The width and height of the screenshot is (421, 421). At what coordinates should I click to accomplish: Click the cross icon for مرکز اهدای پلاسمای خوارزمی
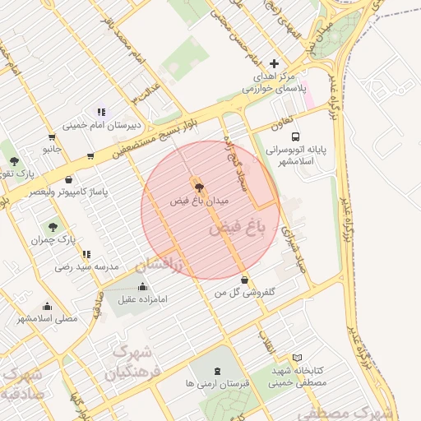tap(274, 63)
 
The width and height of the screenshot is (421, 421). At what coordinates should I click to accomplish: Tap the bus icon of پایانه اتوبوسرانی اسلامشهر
tap(295, 137)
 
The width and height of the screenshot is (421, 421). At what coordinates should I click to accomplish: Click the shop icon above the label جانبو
tap(53, 136)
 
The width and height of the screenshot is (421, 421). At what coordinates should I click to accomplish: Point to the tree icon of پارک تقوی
tap(14, 160)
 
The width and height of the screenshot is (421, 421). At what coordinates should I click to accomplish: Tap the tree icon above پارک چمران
tap(53, 226)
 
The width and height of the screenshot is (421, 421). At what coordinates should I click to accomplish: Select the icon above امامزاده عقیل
tap(144, 286)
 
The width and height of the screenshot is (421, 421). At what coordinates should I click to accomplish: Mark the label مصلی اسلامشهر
tap(47, 317)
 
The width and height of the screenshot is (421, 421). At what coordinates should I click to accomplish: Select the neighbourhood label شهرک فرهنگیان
tap(128, 362)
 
